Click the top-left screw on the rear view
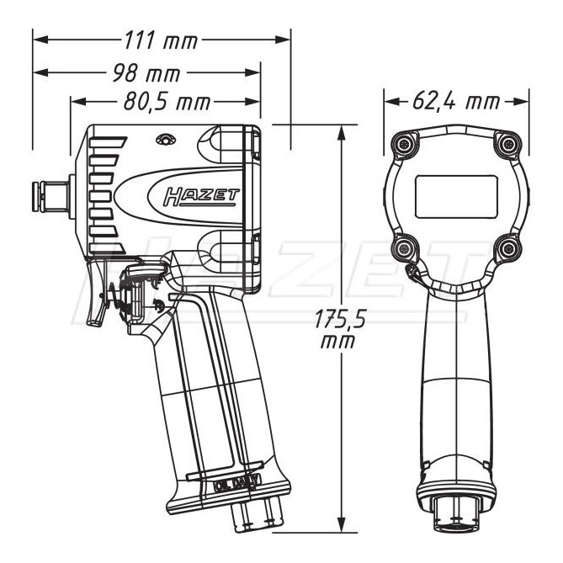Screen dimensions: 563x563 point(407,145)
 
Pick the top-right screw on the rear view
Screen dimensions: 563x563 point(507,145)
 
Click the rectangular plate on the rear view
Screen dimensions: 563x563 point(457,194)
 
